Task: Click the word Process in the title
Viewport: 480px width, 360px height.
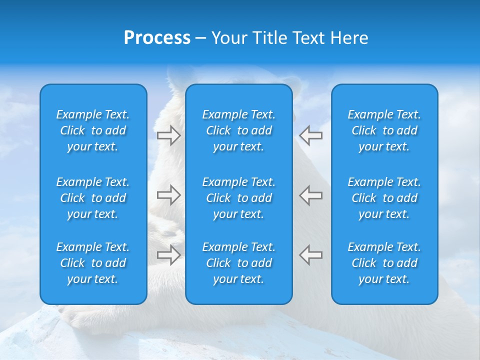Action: [157, 38]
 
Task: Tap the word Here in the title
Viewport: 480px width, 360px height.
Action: [349, 38]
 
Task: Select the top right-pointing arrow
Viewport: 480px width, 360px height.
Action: [168, 135]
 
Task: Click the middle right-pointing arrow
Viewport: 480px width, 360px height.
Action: [168, 195]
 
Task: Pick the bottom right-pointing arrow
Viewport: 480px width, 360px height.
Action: [168, 255]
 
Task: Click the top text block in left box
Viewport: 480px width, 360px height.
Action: [93, 130]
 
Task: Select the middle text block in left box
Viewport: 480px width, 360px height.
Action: [93, 198]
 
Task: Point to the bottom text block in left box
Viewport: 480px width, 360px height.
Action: [93, 263]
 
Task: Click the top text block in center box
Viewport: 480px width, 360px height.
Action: [239, 130]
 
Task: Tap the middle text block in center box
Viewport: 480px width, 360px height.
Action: [239, 198]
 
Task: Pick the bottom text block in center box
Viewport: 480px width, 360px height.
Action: [239, 263]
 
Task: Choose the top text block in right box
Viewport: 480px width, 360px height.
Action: [384, 130]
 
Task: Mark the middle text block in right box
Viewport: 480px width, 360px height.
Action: [384, 198]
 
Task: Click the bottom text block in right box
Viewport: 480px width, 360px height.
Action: [384, 263]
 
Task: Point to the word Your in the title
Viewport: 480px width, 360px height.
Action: [229, 38]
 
